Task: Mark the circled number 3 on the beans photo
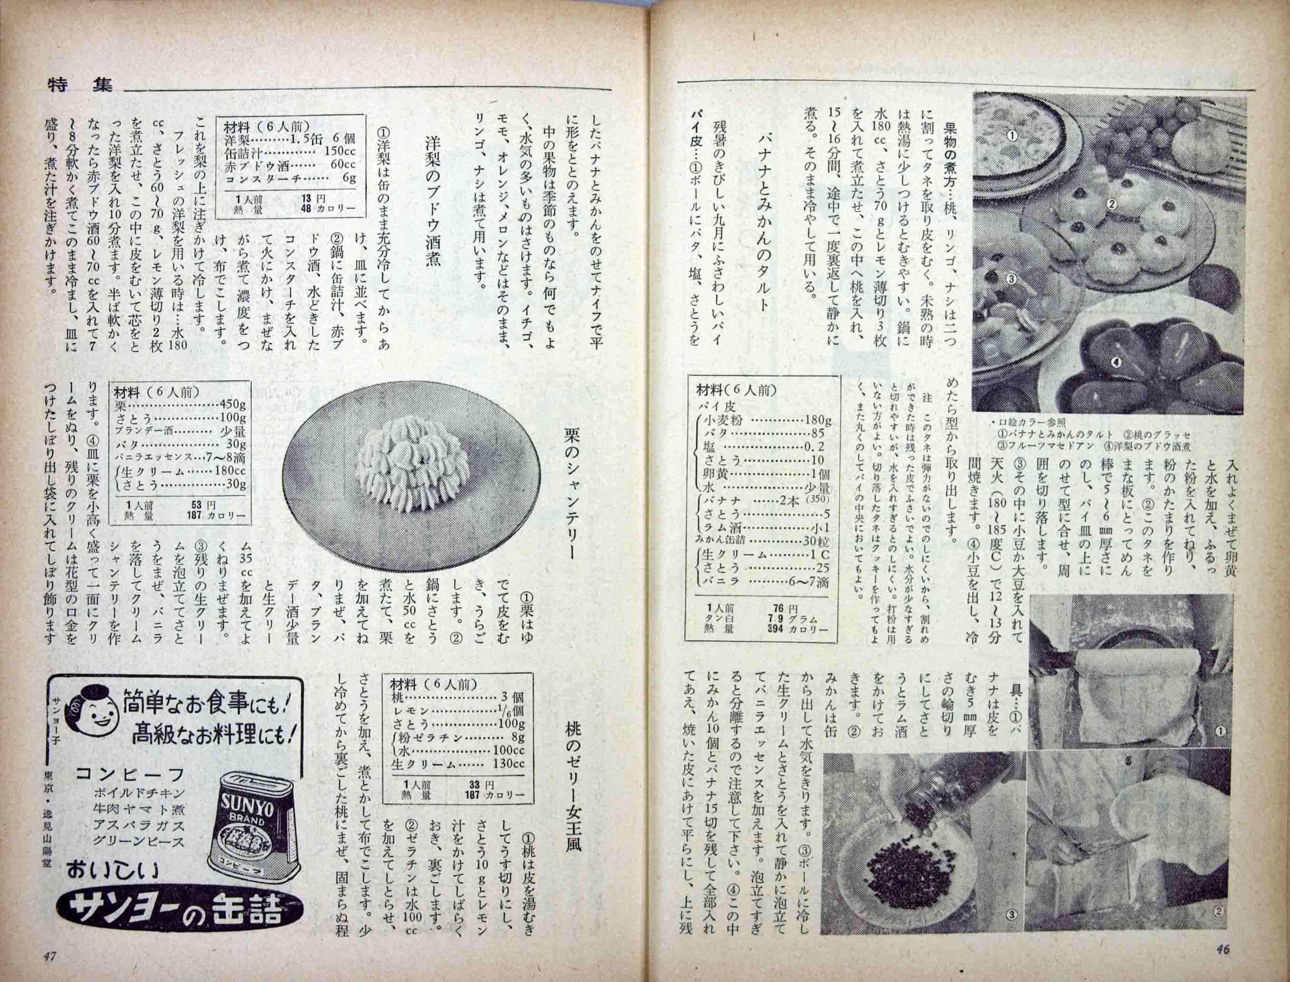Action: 1011,914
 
